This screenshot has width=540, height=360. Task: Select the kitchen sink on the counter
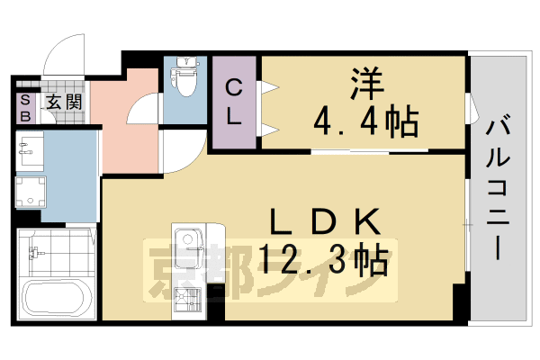(188, 241)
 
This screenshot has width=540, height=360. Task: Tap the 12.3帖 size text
(324, 261)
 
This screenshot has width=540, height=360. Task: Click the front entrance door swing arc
(63, 49)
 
